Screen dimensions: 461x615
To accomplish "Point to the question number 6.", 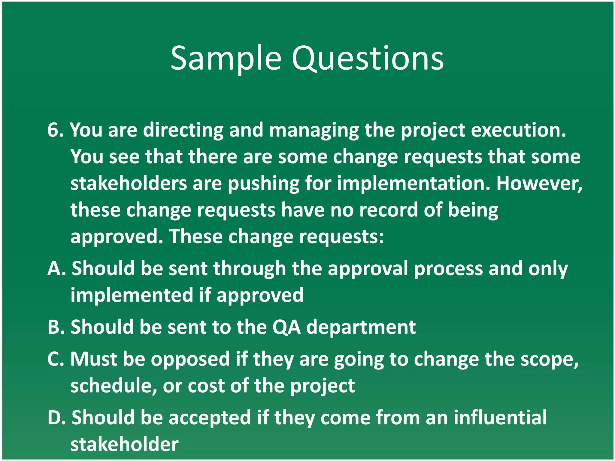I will click(x=53, y=130).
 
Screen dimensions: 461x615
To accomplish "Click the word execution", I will click(x=518, y=130).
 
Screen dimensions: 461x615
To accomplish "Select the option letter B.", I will click(x=54, y=327).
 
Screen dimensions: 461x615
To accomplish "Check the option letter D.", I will click(x=55, y=417).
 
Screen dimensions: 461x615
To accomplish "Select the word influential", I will click(x=500, y=417).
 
